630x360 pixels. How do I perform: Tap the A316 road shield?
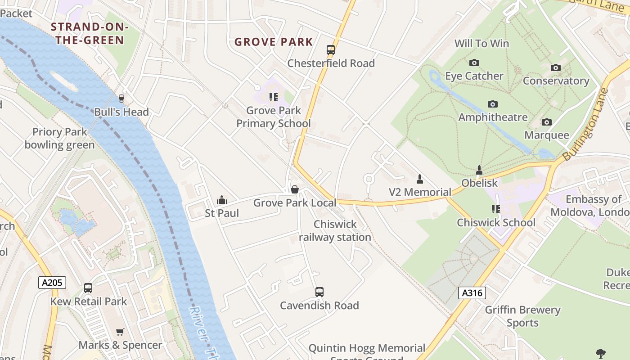point(472,293)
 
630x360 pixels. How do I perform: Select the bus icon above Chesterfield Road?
point(331,50)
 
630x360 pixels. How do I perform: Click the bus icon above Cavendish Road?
point(319,292)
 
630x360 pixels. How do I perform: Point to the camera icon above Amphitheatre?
point(493,104)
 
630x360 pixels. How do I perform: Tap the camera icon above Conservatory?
point(556,67)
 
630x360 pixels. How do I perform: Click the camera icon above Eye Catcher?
point(474,63)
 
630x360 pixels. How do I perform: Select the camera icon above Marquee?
point(546,122)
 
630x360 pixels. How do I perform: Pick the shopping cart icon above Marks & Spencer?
point(120,332)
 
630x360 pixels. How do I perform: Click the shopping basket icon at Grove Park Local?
point(295,189)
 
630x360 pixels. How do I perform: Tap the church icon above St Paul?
point(221,199)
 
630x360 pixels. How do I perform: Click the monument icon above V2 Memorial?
point(420,179)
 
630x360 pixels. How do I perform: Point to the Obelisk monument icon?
point(479,170)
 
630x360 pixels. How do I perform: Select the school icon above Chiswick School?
point(496,209)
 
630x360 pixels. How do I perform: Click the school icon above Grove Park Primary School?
point(273,97)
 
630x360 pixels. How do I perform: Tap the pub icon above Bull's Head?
point(121,98)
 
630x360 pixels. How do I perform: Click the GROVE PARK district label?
point(274,42)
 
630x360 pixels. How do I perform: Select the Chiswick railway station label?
point(335,230)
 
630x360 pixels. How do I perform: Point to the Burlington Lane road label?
point(585,123)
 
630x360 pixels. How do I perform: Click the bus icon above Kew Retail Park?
point(88,288)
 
